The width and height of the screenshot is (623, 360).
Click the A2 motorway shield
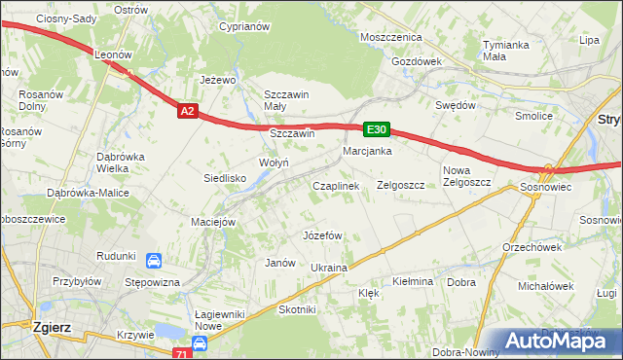189,112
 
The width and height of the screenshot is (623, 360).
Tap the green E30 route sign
378,129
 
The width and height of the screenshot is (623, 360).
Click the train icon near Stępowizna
154,261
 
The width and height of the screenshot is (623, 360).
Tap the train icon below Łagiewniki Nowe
200,343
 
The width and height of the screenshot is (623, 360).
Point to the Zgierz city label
51,328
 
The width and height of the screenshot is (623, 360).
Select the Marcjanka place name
367,151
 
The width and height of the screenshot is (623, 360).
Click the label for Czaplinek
336,185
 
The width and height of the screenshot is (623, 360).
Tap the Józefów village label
322,235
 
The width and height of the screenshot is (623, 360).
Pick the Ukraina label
328,268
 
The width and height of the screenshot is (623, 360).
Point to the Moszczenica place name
390,37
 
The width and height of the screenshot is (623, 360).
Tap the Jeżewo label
219,80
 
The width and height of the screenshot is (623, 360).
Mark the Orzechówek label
526,246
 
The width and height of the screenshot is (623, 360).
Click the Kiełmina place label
412,281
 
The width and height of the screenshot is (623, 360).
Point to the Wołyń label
273,162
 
